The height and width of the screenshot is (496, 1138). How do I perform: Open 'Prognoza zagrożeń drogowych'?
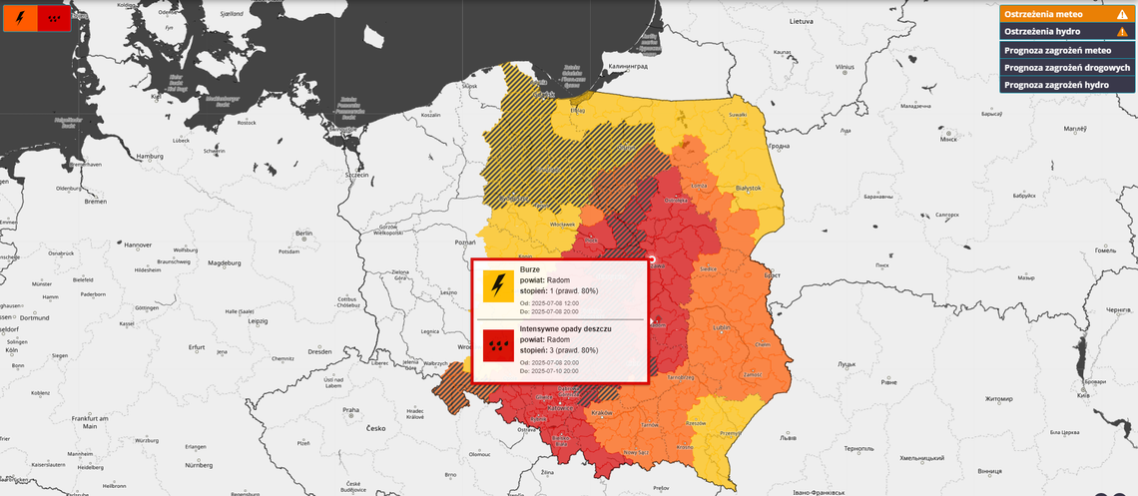[1066, 67]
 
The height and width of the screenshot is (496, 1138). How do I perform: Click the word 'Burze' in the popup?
[531, 269]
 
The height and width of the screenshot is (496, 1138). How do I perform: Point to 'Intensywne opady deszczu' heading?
[565, 328]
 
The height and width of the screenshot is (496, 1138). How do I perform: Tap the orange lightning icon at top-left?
[21, 18]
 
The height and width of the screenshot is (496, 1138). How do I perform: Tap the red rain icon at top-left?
[53, 18]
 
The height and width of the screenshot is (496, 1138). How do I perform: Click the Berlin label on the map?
[304, 234]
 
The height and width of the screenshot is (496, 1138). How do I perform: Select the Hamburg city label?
[150, 157]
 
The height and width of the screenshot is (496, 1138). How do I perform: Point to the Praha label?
[350, 409]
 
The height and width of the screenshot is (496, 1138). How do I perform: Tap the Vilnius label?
[846, 67]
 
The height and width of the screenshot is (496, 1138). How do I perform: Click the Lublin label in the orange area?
[720, 326]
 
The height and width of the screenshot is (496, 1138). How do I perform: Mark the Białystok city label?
[748, 188]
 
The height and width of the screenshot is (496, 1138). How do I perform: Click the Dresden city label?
[319, 351]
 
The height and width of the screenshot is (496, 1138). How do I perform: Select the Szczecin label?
[356, 175]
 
